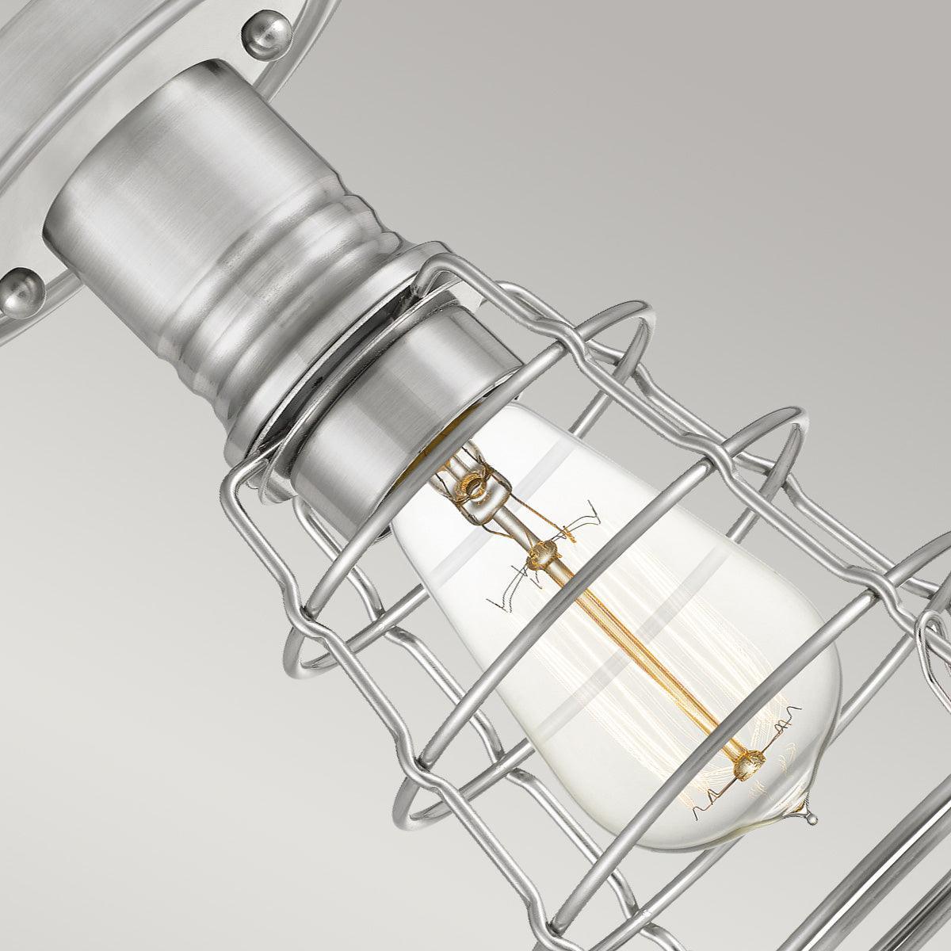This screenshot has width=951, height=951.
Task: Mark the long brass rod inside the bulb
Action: click(x=642, y=658)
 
